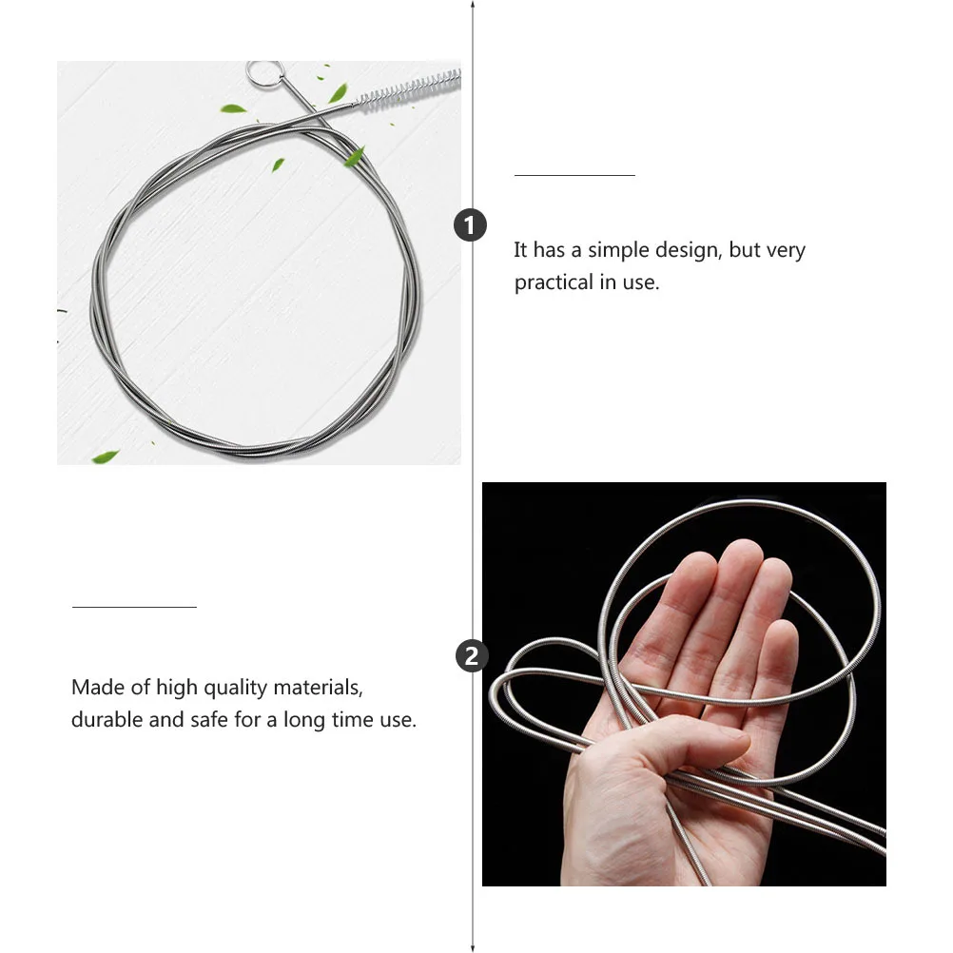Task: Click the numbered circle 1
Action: [x=471, y=225]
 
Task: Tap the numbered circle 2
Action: [x=472, y=656]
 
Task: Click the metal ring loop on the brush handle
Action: [x=261, y=72]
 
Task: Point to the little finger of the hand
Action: [x=780, y=666]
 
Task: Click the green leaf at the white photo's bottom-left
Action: [x=105, y=457]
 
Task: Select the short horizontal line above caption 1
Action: [x=574, y=175]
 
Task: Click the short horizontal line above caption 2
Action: [x=134, y=606]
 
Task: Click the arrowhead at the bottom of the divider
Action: [x=473, y=946]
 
